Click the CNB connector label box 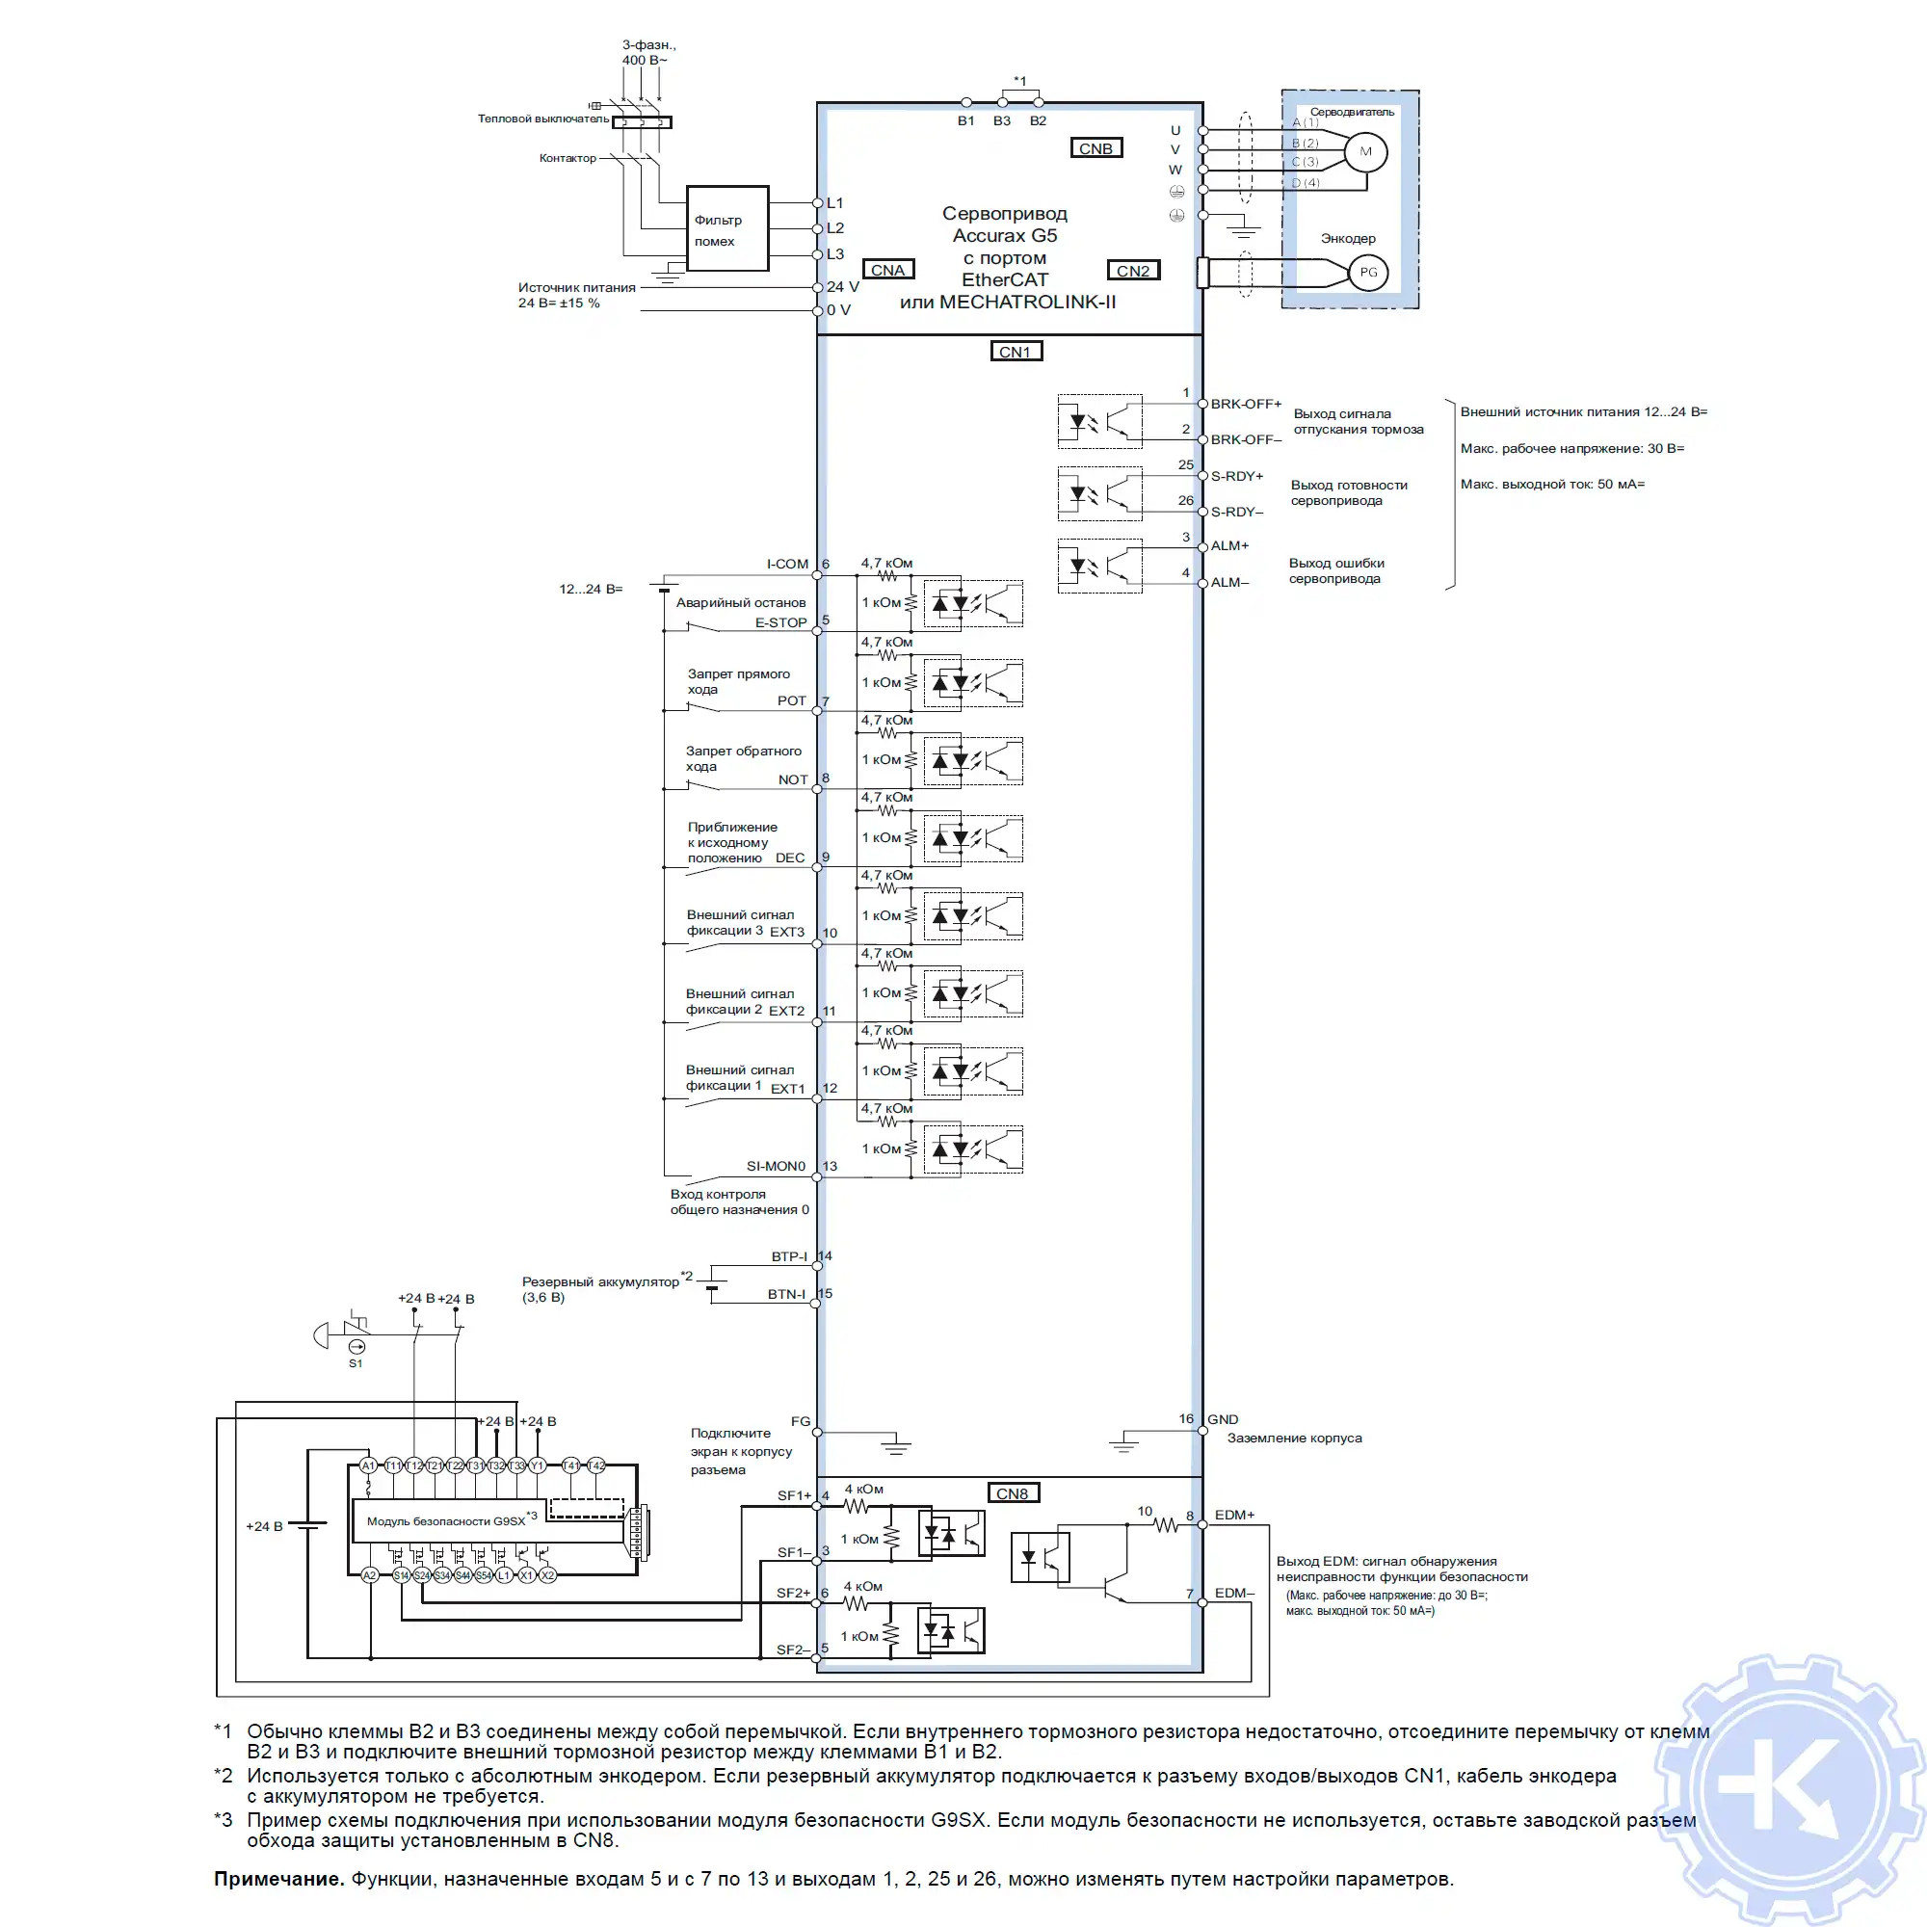(x=1095, y=148)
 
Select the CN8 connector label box (x=1012, y=1493)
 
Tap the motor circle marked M (x=1365, y=151)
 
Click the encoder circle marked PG (x=1367, y=273)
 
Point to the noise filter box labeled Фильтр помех (x=727, y=228)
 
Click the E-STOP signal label (x=780, y=622)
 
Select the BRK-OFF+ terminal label (x=1245, y=404)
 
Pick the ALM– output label (x=1228, y=583)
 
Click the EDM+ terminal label (x=1234, y=1514)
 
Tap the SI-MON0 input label (x=775, y=1166)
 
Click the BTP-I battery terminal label (x=788, y=1256)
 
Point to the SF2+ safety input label (x=793, y=1593)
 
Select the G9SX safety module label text (x=446, y=1521)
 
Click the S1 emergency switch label (x=356, y=1363)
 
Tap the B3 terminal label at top (x=1001, y=120)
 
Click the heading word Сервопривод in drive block (x=1004, y=214)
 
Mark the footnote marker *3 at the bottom (x=223, y=1820)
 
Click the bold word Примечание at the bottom (x=278, y=1879)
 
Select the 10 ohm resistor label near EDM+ (x=1144, y=1511)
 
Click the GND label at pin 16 (x=1223, y=1419)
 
